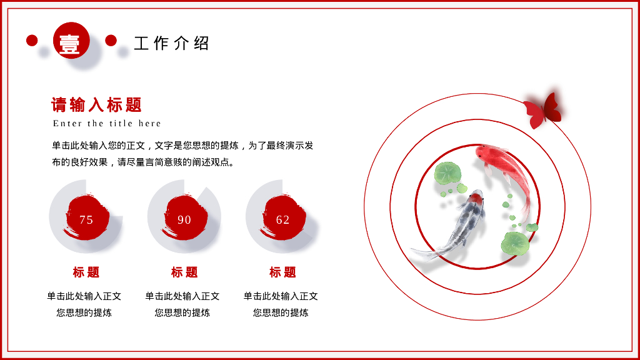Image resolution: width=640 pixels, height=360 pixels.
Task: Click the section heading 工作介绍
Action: (171, 43)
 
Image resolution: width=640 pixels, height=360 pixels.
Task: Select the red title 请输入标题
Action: (97, 104)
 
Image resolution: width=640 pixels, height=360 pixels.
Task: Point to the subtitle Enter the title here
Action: (107, 123)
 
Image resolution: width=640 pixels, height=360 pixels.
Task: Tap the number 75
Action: (86, 219)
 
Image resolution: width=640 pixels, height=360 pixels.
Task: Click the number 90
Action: (184, 219)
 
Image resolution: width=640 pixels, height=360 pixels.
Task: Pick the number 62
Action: (282, 219)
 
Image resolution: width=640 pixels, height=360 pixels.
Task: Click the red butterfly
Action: (543, 111)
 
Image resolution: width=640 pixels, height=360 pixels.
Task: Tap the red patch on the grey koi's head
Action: (476, 198)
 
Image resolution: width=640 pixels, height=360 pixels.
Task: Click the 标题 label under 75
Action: (86, 272)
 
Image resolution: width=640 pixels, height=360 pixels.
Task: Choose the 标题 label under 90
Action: (184, 272)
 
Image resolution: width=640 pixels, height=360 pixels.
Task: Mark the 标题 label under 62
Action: (282, 272)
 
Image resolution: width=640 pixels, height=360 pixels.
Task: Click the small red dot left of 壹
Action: (32, 41)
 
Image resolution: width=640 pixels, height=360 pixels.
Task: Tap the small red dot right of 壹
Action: (111, 41)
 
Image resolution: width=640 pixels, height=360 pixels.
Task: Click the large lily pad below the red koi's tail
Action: (514, 243)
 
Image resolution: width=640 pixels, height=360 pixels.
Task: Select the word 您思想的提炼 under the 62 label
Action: (281, 312)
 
